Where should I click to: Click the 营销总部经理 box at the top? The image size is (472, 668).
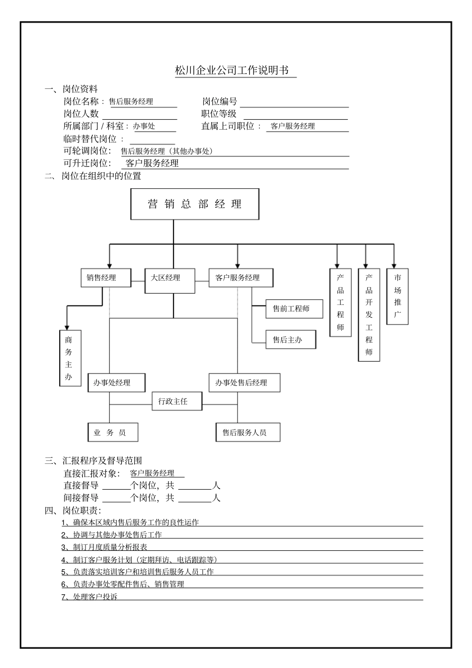tap(194, 204)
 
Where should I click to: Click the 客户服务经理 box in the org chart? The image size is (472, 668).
tap(240, 278)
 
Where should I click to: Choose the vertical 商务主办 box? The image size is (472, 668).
tap(70, 358)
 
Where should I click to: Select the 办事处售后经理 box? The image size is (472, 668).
tap(244, 383)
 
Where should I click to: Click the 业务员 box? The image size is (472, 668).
tap(112, 433)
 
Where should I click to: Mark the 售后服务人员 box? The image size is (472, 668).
tap(248, 433)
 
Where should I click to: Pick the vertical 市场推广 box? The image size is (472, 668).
tap(397, 297)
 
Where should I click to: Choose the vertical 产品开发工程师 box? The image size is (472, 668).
tap(369, 315)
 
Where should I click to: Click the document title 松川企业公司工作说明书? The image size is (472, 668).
tap(232, 71)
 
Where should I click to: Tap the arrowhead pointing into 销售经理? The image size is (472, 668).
tap(110, 265)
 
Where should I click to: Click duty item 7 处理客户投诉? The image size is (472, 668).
tap(89, 597)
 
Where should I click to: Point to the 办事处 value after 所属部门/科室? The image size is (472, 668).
tap(144, 126)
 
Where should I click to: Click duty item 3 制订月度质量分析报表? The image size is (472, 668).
tap(104, 547)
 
